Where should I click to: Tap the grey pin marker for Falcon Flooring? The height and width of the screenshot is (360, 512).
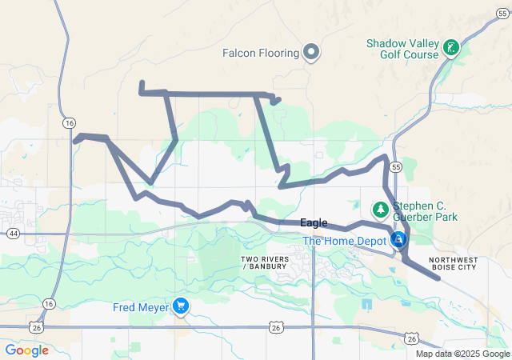tap(312, 54)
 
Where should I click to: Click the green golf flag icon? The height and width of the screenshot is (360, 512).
tap(452, 48)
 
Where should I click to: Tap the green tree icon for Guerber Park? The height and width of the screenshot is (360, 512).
tap(381, 210)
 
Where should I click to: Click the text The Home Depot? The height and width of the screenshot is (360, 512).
tap(344, 240)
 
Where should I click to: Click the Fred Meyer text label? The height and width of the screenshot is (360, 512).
tap(141, 306)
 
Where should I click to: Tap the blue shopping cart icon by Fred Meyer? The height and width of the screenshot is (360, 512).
tap(182, 306)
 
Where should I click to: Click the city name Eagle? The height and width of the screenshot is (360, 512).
tap(314, 223)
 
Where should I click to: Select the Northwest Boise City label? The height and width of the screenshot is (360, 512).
tap(463, 263)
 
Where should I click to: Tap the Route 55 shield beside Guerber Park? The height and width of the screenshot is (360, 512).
tap(396, 166)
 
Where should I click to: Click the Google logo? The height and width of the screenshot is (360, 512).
tap(27, 350)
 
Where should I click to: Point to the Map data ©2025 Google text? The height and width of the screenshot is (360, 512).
tap(462, 354)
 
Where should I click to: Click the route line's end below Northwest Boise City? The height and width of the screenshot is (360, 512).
tap(438, 278)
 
